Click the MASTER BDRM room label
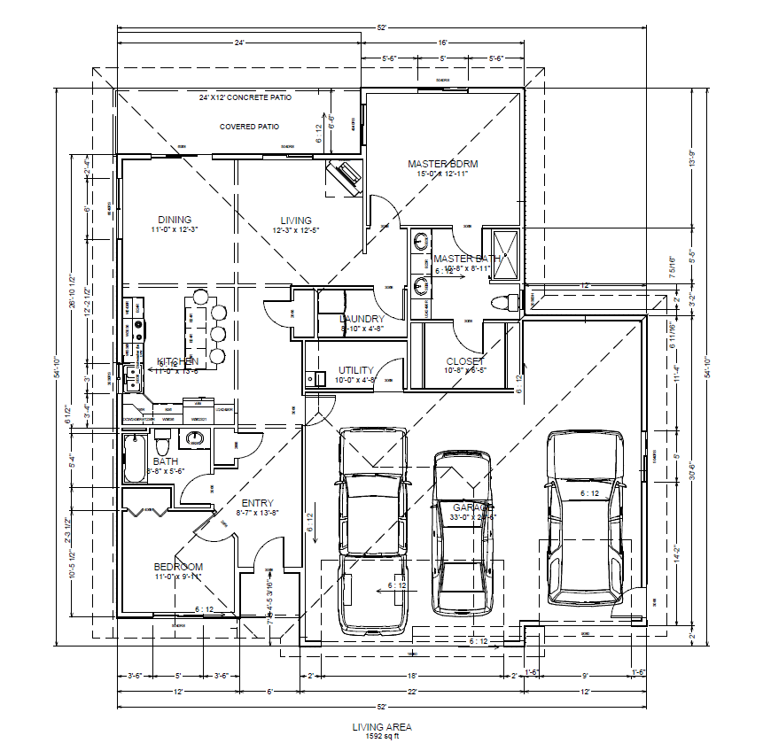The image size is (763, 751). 442,164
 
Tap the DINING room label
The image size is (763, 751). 175,221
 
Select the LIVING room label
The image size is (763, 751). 296,221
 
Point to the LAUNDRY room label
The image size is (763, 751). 362,319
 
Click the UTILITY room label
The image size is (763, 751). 356,370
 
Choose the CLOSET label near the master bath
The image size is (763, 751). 465,361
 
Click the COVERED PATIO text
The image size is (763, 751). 249,127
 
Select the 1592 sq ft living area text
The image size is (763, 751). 382,736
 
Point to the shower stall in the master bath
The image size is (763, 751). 503,255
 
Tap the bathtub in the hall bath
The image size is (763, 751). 136,456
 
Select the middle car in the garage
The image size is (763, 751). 462,531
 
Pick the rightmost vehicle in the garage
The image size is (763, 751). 585,518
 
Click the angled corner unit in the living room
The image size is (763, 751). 345,176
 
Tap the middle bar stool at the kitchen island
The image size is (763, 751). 217,334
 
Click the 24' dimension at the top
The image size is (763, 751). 239,42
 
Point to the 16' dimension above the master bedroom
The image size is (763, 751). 442,42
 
